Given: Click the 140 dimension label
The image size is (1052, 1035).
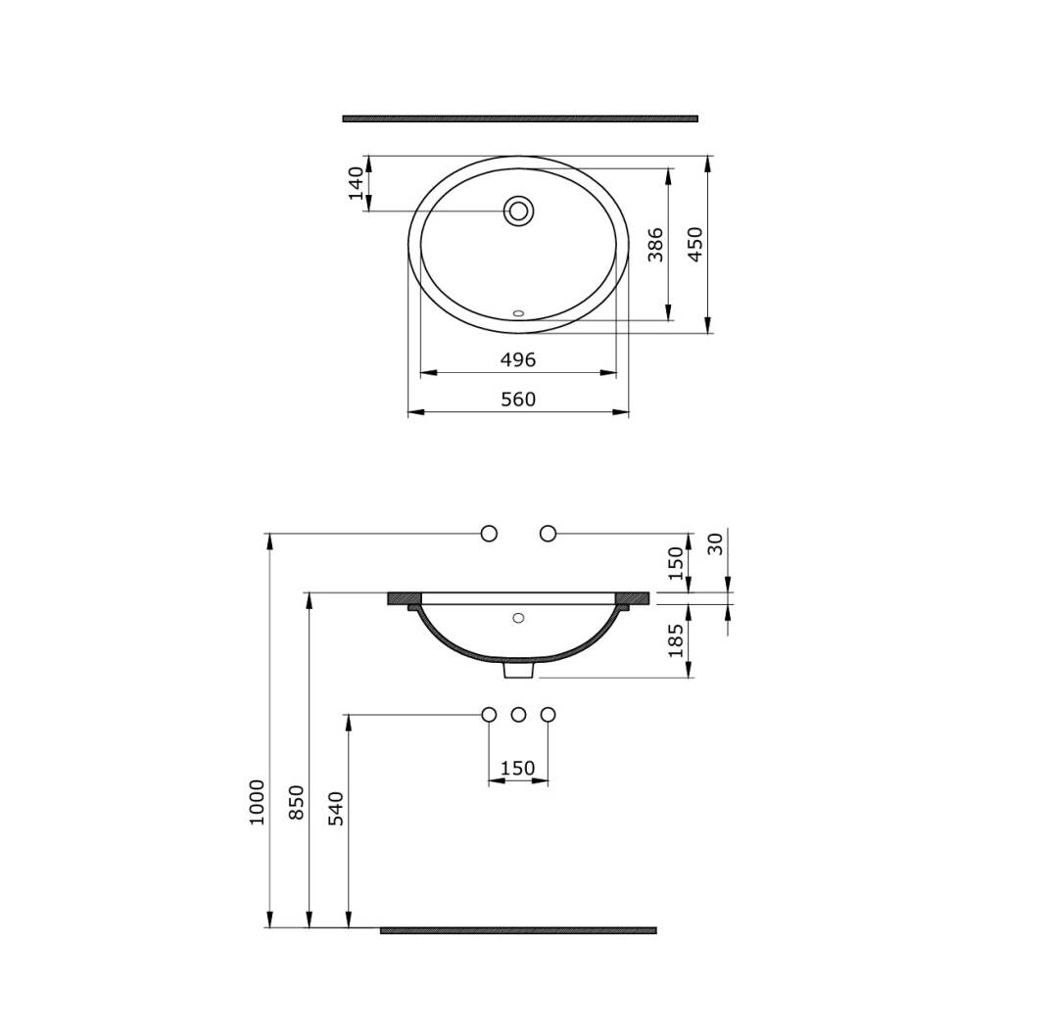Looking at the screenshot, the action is click(357, 184).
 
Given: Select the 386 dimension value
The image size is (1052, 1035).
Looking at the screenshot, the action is click(655, 245).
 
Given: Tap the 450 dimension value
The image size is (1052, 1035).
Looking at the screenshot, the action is click(695, 244).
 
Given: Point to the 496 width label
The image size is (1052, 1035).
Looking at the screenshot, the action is click(518, 360).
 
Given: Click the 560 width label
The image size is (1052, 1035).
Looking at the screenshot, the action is click(518, 400).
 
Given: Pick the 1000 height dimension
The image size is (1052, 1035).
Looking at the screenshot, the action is click(257, 802).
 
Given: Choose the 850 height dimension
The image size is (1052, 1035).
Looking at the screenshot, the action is click(296, 802).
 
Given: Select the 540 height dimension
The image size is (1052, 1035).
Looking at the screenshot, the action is click(335, 808).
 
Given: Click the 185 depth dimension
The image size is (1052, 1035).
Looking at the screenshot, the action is click(676, 640).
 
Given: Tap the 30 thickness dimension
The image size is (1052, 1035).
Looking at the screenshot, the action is click(715, 543).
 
